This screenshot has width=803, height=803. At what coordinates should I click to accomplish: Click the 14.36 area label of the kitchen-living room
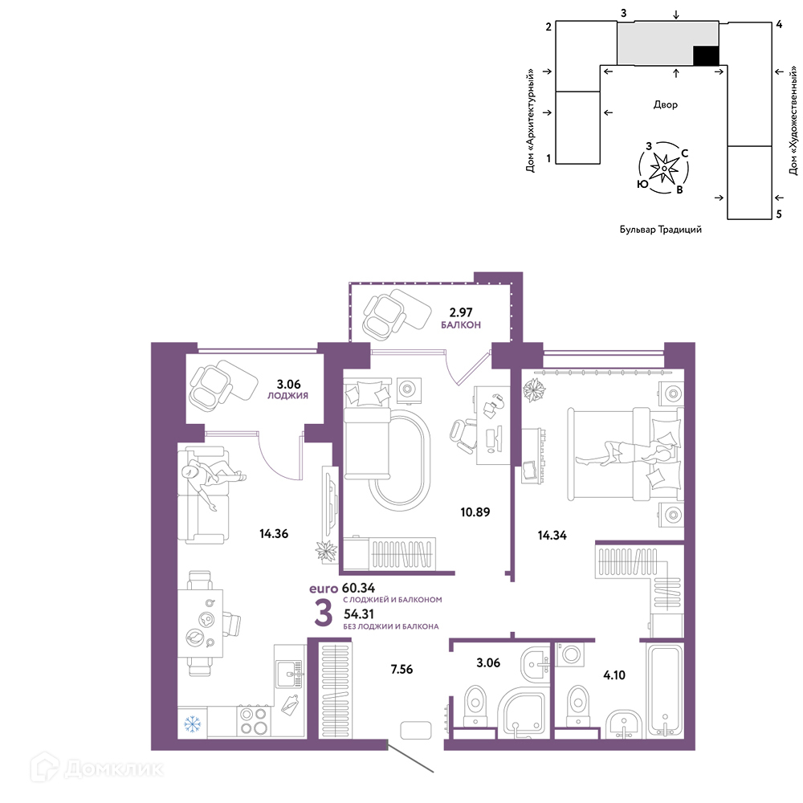point(274,534)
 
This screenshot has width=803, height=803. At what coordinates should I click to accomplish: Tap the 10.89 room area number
point(475,512)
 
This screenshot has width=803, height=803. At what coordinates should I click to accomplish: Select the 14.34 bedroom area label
point(552,535)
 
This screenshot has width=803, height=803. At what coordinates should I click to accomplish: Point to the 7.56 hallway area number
point(401,669)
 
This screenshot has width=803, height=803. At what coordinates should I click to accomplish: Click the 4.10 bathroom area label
point(614,675)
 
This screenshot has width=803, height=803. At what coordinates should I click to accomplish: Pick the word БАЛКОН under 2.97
point(461,324)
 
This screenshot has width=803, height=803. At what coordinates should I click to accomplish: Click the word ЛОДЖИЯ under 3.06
point(287,395)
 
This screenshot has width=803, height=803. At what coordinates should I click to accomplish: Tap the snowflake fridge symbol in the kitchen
point(193,724)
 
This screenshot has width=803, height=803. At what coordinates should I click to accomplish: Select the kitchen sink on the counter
point(289,674)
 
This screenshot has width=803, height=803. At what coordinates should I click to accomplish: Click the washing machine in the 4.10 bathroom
point(570,654)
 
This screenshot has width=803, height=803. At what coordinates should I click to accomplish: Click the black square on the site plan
point(706,55)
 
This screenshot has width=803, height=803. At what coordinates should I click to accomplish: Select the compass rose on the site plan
point(664,168)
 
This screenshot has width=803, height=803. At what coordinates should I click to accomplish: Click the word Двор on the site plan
point(665,104)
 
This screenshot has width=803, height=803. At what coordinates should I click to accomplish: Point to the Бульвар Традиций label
point(661,230)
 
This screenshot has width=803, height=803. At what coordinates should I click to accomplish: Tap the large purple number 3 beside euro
point(323,613)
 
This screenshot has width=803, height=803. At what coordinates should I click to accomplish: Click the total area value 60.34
point(358,588)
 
